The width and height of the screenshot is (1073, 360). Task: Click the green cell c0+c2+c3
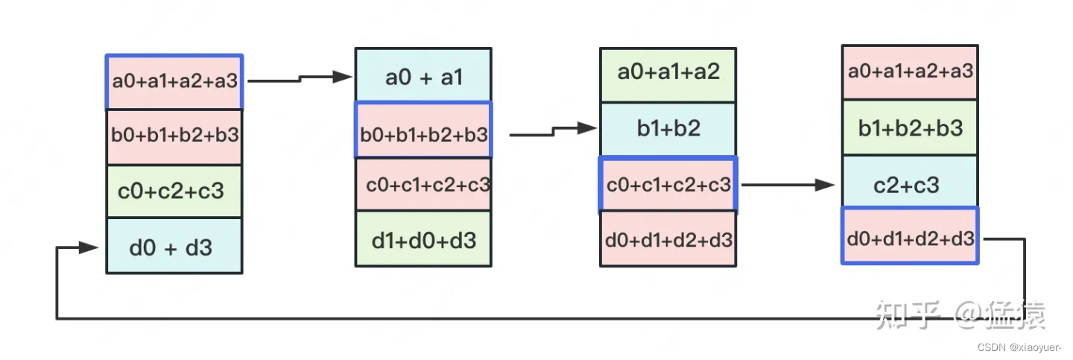click(174, 192)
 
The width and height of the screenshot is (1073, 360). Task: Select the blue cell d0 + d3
click(174, 247)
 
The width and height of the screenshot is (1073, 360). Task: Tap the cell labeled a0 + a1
click(423, 76)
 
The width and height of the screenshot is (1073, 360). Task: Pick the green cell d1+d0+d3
click(423, 239)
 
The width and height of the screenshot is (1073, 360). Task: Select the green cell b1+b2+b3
click(910, 128)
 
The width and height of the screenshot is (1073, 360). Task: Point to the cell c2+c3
click(910, 183)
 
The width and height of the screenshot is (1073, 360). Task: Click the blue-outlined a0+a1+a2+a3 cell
click(174, 82)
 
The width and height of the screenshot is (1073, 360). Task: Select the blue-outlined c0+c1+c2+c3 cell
click(668, 185)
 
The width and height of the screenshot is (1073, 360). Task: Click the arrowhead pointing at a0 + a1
click(343, 76)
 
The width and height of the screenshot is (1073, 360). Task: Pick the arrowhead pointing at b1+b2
click(589, 128)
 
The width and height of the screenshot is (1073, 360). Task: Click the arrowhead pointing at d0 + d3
click(90, 247)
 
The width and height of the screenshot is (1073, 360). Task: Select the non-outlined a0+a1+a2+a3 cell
click(910, 72)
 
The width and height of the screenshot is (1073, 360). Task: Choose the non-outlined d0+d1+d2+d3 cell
click(668, 239)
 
